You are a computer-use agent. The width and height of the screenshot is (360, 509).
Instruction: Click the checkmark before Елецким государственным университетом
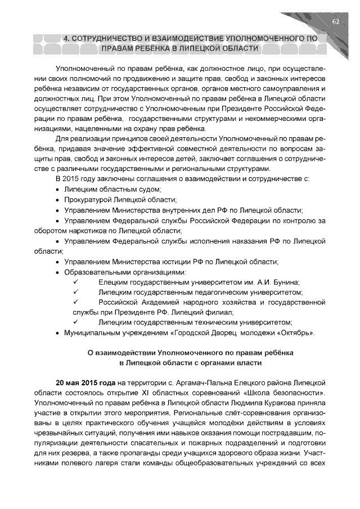(x=75, y=282)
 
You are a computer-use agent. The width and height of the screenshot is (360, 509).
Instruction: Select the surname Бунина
(x=284, y=282)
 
